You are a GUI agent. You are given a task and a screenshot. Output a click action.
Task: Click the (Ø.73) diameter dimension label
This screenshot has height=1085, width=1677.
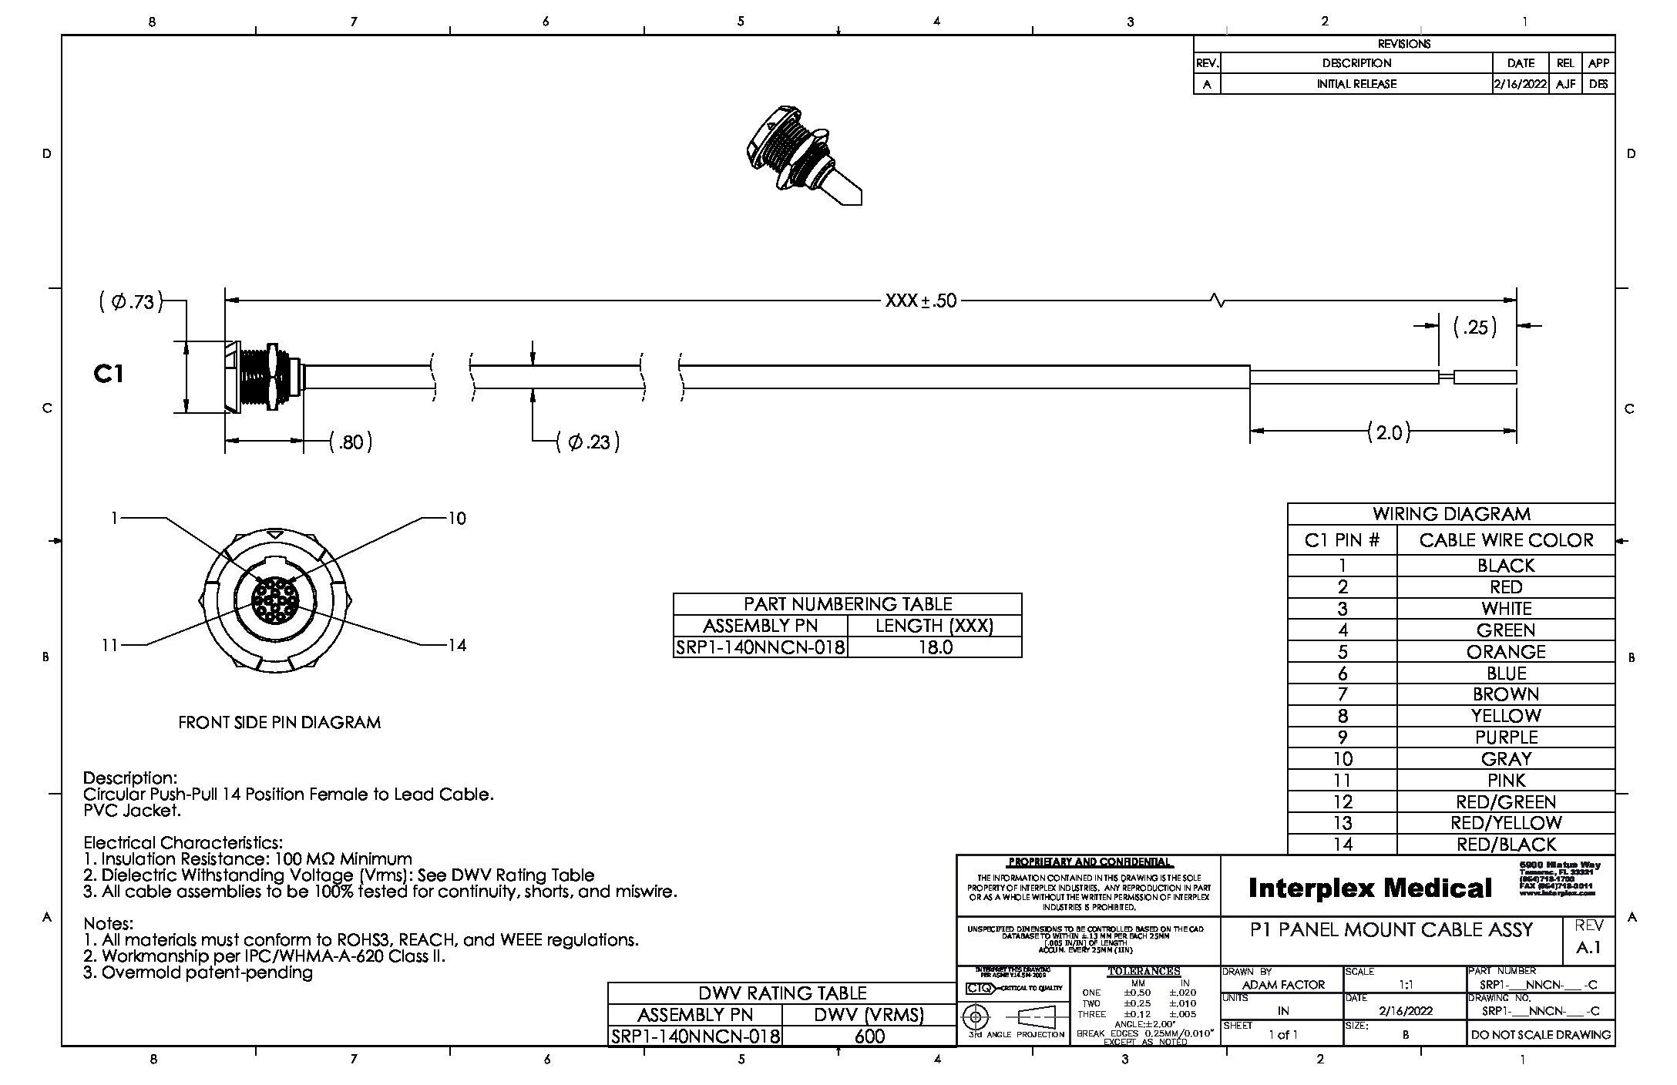point(132,301)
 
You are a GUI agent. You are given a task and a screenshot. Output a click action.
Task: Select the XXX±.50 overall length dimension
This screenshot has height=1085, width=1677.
point(921,301)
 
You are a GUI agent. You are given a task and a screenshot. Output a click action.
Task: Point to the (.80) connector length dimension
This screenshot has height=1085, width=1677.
point(351,442)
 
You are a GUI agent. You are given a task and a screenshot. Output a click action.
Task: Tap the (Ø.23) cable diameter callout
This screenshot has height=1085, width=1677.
point(589,442)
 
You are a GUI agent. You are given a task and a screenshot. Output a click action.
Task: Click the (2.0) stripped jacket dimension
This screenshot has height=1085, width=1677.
point(1389,432)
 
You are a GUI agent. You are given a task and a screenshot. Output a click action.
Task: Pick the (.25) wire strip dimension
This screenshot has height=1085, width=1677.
point(1475,328)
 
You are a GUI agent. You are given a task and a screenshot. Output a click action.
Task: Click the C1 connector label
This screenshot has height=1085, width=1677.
point(109,374)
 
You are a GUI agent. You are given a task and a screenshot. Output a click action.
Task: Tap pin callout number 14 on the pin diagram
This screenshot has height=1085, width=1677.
point(457,645)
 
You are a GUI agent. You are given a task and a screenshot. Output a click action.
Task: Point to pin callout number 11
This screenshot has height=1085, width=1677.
point(109,645)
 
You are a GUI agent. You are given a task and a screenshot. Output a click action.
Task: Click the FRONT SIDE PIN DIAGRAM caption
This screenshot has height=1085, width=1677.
point(279,723)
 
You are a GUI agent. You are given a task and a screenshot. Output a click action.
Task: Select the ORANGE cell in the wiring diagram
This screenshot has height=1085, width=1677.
point(1505,652)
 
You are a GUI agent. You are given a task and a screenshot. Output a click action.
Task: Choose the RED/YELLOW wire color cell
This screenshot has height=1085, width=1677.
point(1505,823)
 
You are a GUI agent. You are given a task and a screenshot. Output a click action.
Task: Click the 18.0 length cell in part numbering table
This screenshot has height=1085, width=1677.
point(934,647)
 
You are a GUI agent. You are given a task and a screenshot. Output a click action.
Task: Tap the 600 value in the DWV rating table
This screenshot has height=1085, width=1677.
point(869,1036)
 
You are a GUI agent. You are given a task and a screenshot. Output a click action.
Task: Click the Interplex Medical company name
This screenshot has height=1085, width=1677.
point(1369,888)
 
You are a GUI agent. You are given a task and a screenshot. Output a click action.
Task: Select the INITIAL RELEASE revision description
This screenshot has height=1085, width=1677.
point(1356,84)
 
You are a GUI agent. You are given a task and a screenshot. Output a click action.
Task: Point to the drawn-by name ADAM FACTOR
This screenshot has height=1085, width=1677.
point(1283,985)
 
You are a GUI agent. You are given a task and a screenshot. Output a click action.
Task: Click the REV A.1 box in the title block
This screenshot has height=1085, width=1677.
point(1589,939)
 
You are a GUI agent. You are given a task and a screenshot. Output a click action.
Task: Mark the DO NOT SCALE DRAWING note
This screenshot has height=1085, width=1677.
point(1540,1035)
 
